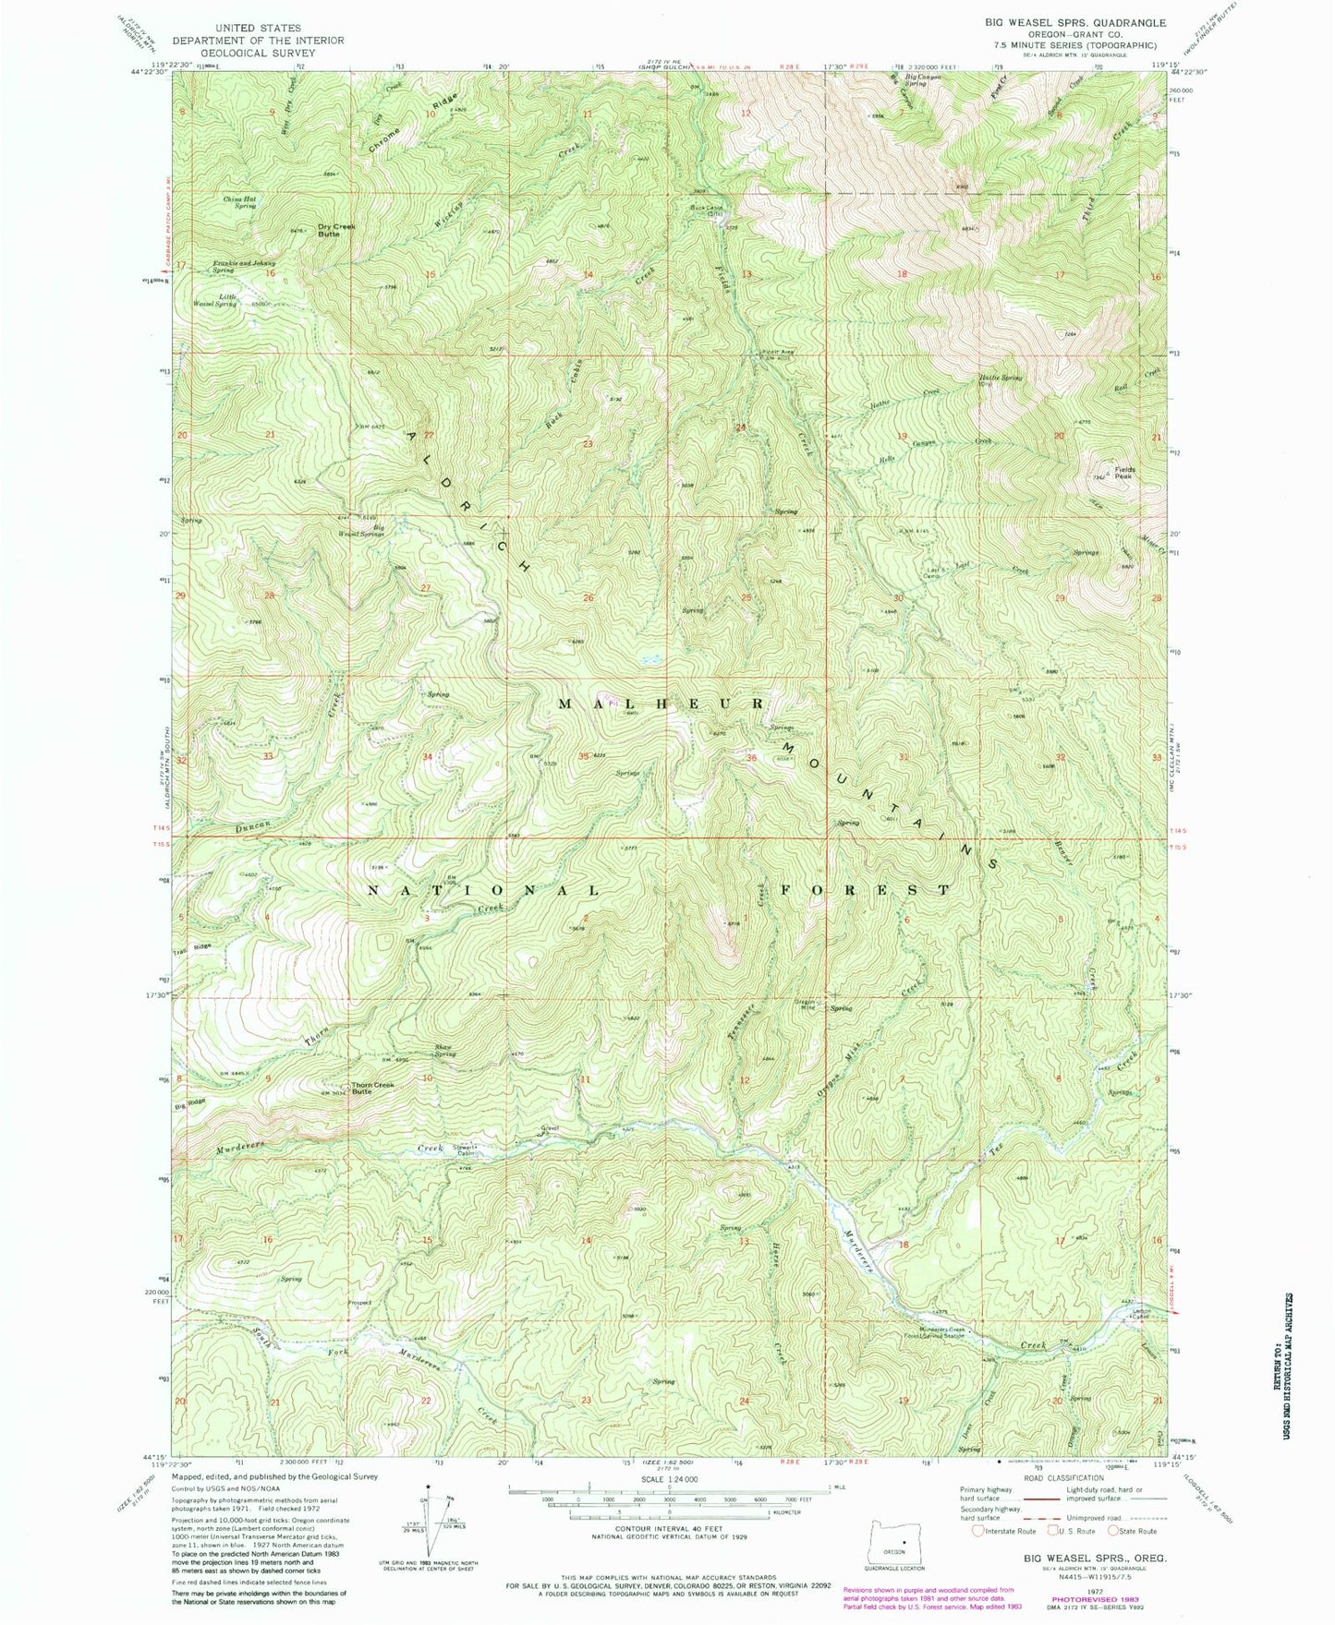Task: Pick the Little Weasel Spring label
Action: pos(214,300)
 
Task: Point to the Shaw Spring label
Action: pos(445,1052)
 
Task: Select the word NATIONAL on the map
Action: pos(483,890)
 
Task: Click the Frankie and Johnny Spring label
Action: pos(244,267)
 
